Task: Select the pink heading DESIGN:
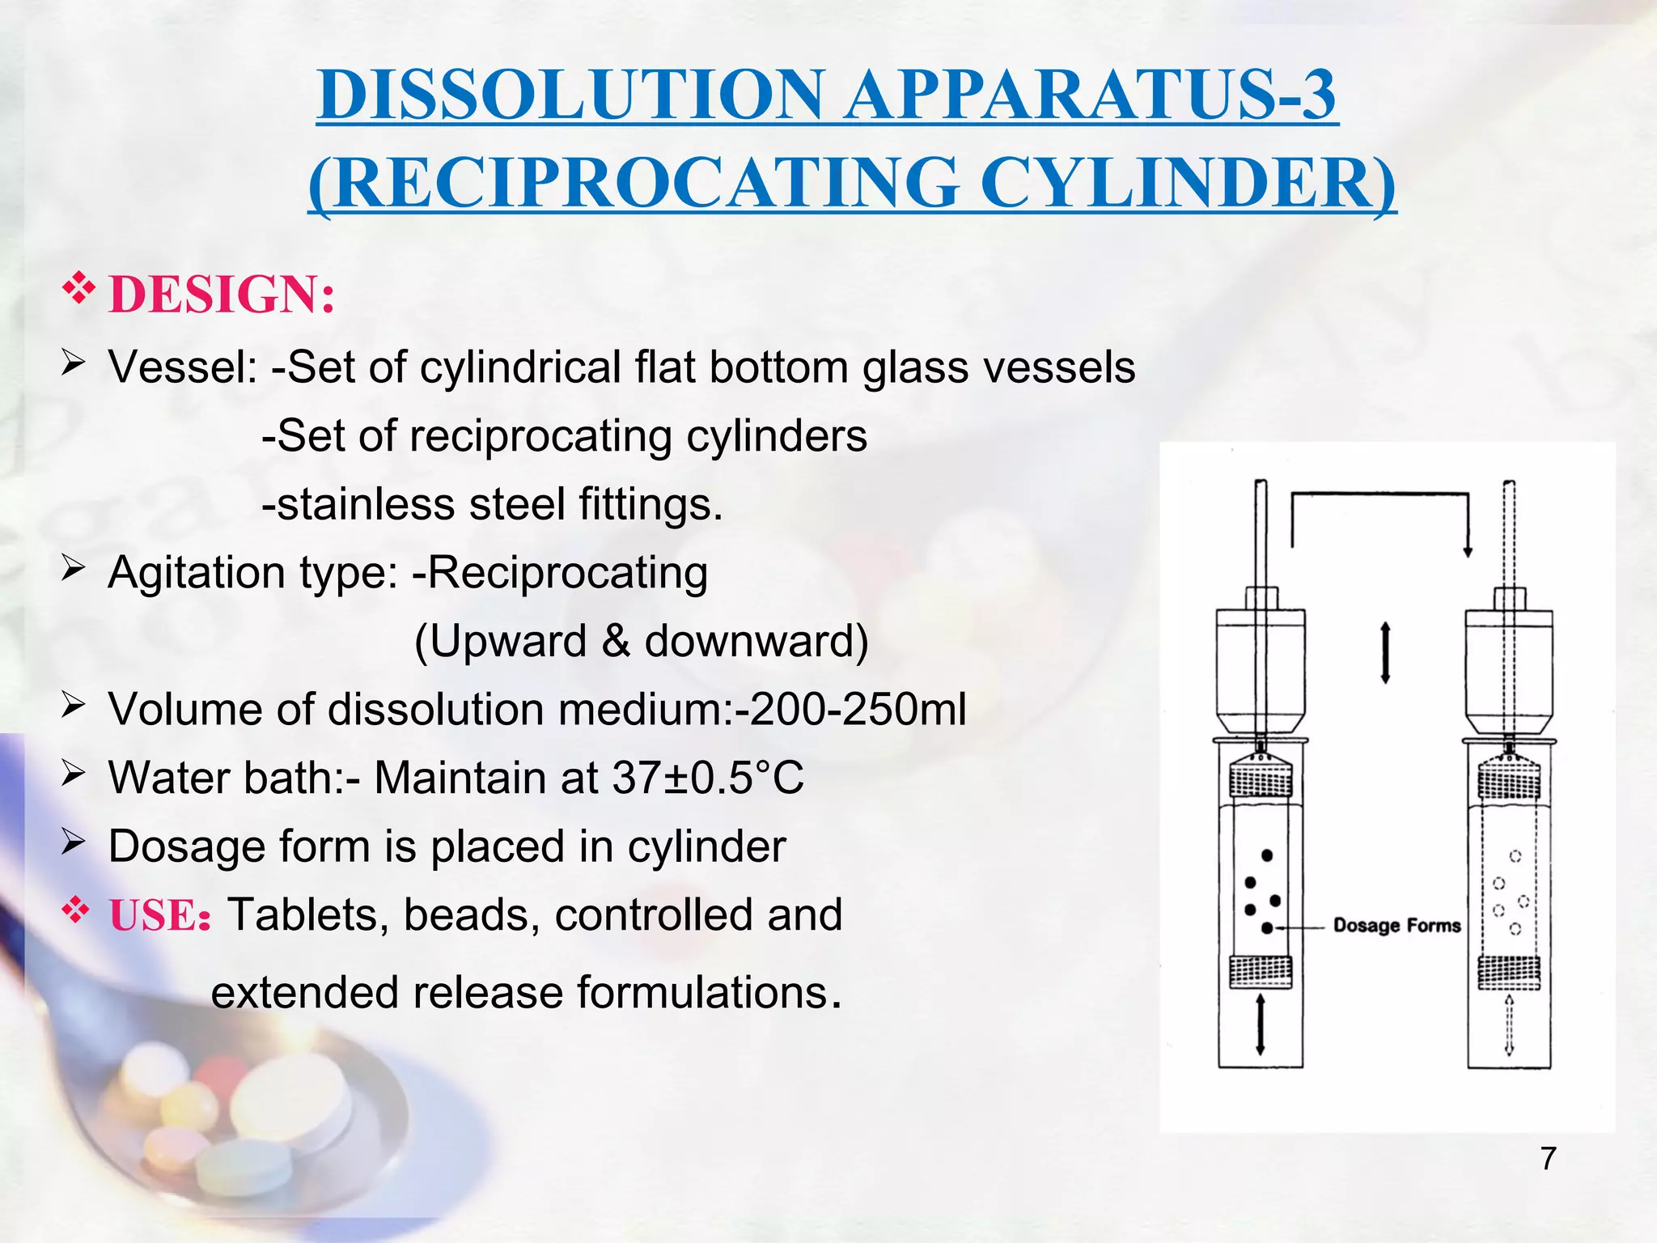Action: coord(222,294)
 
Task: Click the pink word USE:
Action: coord(160,916)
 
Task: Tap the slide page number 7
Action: coord(1548,1158)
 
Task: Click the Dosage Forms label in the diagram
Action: coord(1396,925)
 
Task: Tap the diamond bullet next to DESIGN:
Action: coord(78,290)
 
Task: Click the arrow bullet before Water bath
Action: coord(73,775)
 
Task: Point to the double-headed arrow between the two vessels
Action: coord(1385,652)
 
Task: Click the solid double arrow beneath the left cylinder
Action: coord(1260,1025)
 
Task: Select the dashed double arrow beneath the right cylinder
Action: coord(1509,1025)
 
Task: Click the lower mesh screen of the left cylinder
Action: coord(1260,971)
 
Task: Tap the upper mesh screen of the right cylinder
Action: coord(1509,780)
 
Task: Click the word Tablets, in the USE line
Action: coord(304,915)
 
